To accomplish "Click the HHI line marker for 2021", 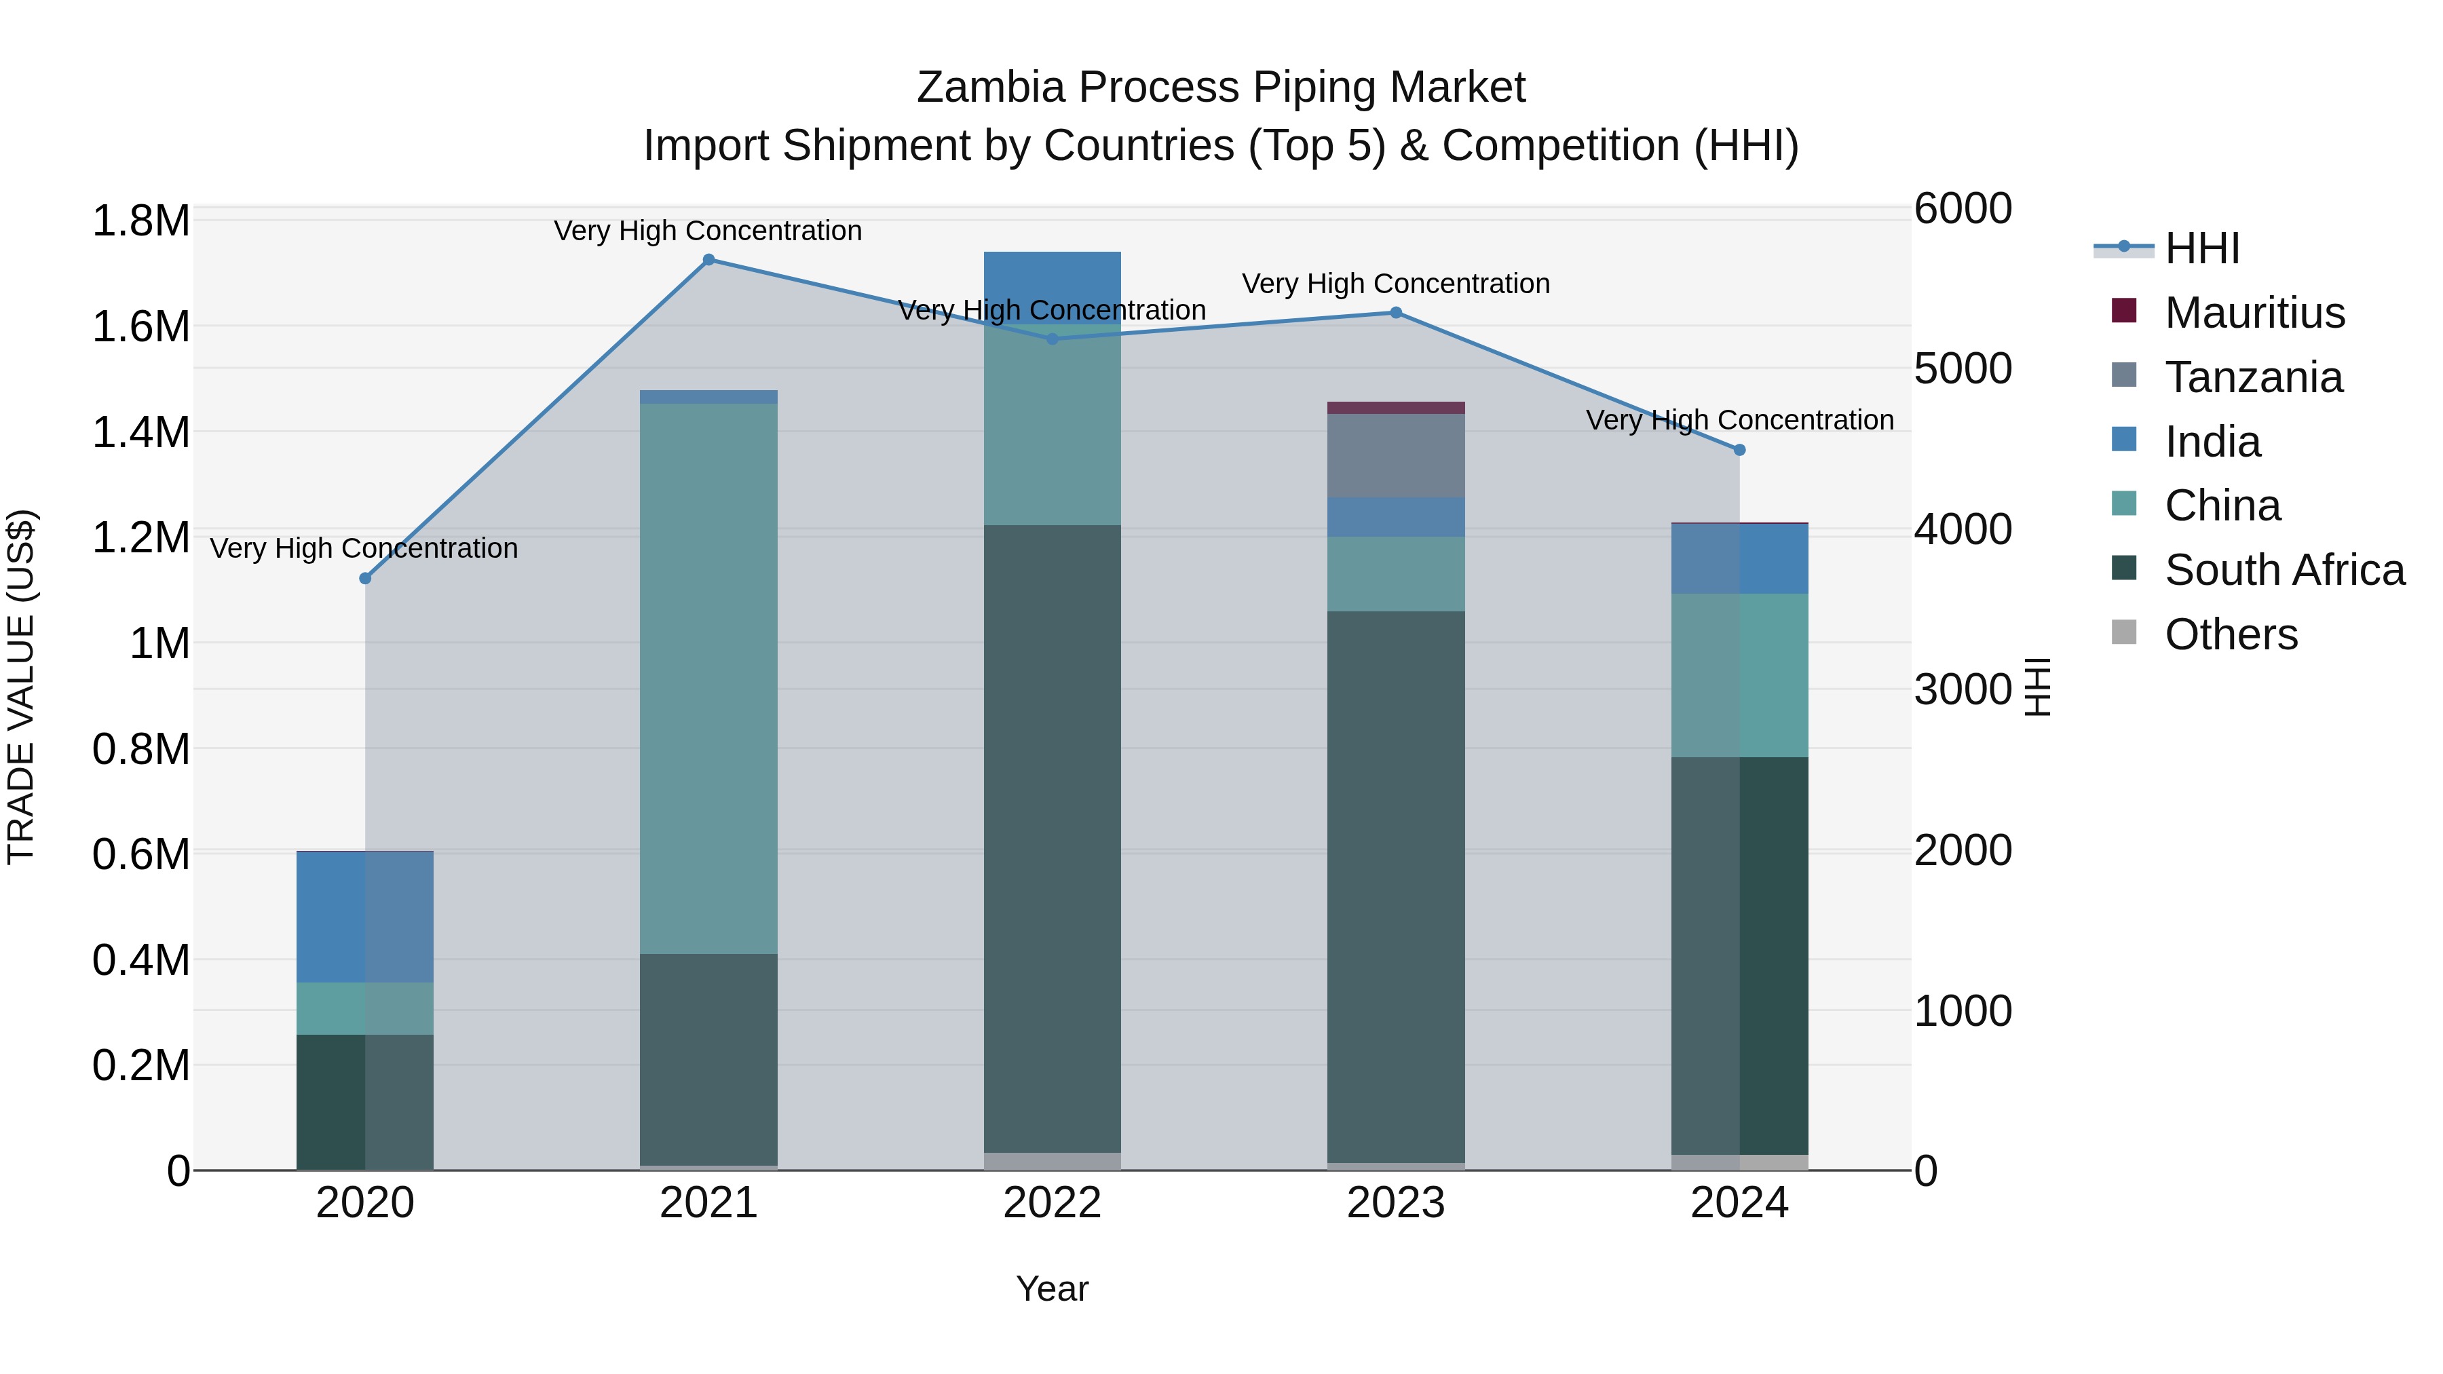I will click(x=708, y=260).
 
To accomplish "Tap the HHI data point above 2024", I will click(x=1739, y=451).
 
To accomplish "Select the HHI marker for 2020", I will click(x=365, y=578).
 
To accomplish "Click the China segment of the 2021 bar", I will click(x=708, y=678).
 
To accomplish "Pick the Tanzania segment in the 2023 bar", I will click(x=1395, y=455).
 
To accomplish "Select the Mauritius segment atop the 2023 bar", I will click(x=1395, y=408).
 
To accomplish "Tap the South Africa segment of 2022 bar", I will click(x=1052, y=839).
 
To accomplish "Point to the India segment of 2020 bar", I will click(x=365, y=917).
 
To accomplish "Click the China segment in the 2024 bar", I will click(x=1739, y=675).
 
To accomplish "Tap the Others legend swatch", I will click(x=2124, y=634).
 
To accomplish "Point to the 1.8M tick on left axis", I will click(x=140, y=221).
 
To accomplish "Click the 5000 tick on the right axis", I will click(x=1962, y=369).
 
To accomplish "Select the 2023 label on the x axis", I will click(x=1395, y=1203).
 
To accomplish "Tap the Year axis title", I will click(x=1052, y=1289).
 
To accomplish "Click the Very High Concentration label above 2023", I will click(x=1395, y=284).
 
